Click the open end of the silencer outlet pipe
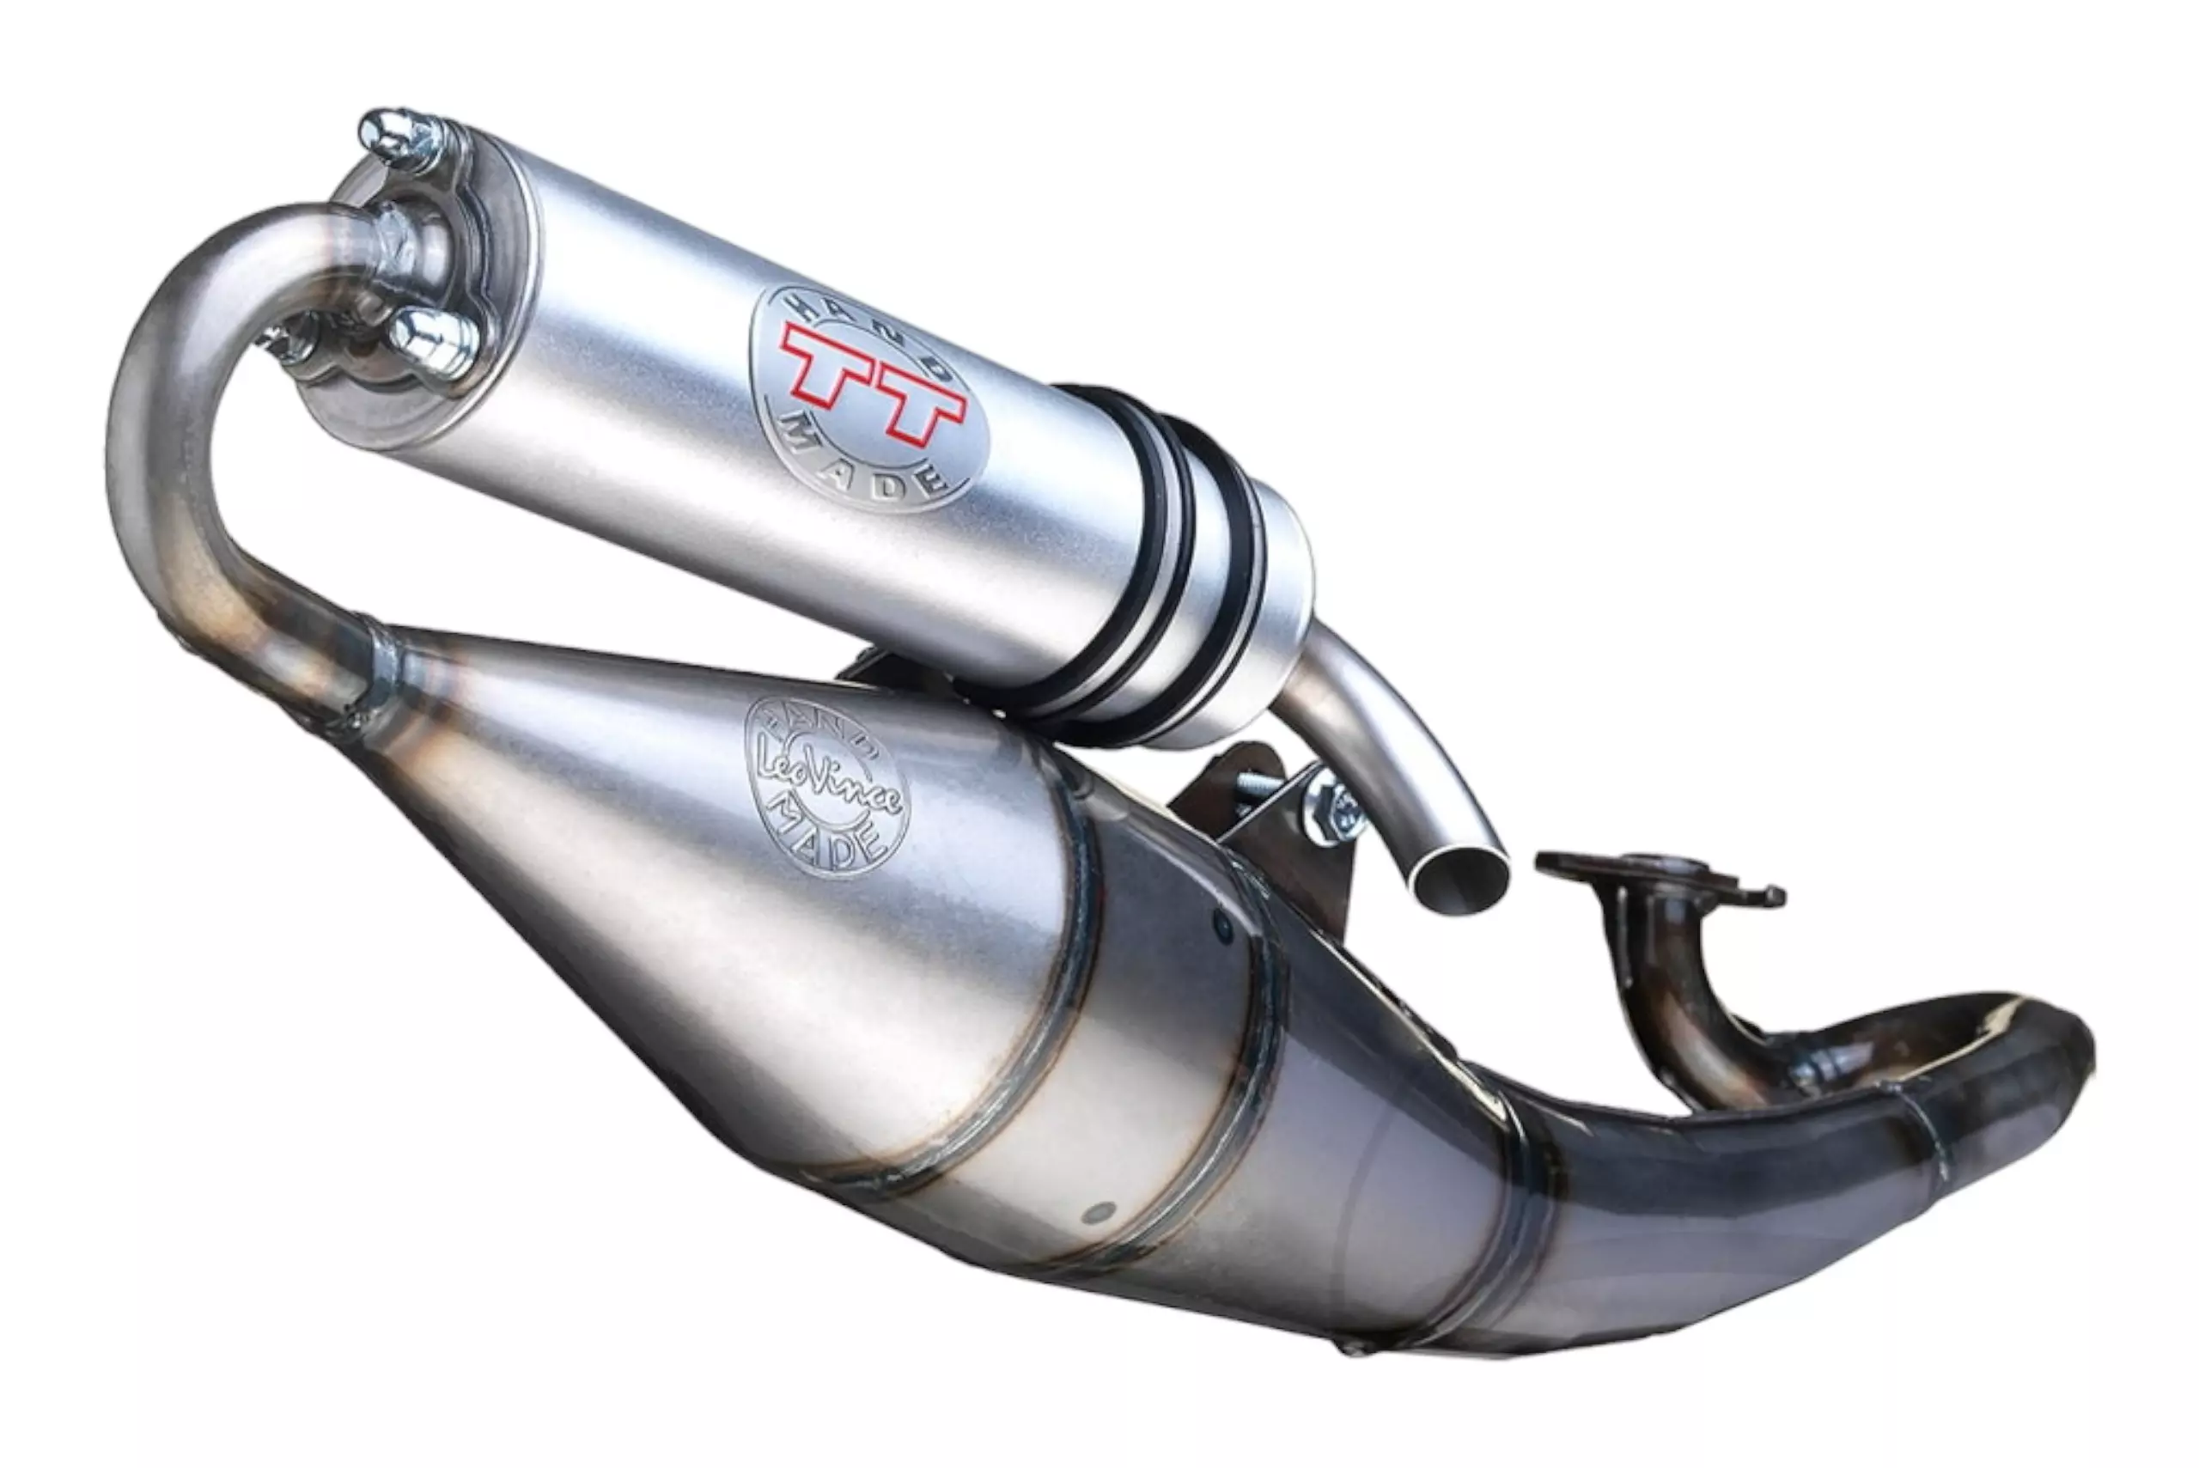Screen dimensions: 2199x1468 tap(1460, 878)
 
